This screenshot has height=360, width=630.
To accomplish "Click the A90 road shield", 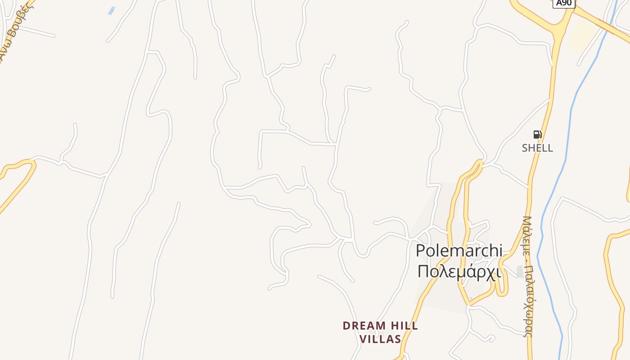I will (563, 3).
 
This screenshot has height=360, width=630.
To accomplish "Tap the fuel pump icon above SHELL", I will (537, 134).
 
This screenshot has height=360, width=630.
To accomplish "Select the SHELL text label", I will (537, 148).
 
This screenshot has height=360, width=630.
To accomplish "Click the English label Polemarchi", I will (459, 250).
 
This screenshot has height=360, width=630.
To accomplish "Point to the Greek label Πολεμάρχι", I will (459, 271).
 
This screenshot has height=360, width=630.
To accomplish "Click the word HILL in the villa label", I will (404, 325).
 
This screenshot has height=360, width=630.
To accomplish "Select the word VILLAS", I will (381, 339).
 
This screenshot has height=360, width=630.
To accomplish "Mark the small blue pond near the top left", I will (112, 10).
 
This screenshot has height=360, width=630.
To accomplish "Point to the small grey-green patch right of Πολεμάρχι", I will (520, 271).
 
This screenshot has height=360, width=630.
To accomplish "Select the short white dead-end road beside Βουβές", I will (38, 31).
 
